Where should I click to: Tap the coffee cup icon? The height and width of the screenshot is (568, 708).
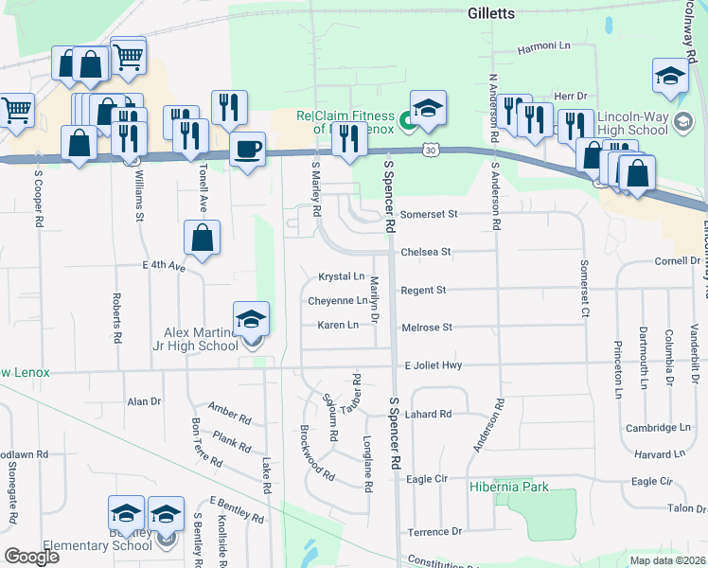click(x=248, y=151)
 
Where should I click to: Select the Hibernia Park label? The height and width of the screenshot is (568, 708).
click(x=508, y=487)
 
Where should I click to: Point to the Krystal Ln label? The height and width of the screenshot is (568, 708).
click(x=342, y=276)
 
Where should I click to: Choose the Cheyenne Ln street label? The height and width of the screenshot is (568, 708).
click(x=337, y=301)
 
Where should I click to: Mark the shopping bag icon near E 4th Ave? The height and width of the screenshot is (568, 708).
click(x=203, y=240)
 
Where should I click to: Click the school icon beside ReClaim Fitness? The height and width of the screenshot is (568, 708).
click(x=428, y=110)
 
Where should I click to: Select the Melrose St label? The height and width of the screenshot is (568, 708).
click(x=429, y=327)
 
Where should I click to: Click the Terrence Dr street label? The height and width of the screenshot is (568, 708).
click(x=434, y=532)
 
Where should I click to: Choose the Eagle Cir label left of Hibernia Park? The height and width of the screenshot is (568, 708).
click(x=426, y=480)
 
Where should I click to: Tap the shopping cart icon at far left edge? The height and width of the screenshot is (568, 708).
click(x=15, y=111)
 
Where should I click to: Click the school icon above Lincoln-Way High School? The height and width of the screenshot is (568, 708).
click(x=669, y=78)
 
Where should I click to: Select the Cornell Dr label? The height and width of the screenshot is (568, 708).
click(x=676, y=260)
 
